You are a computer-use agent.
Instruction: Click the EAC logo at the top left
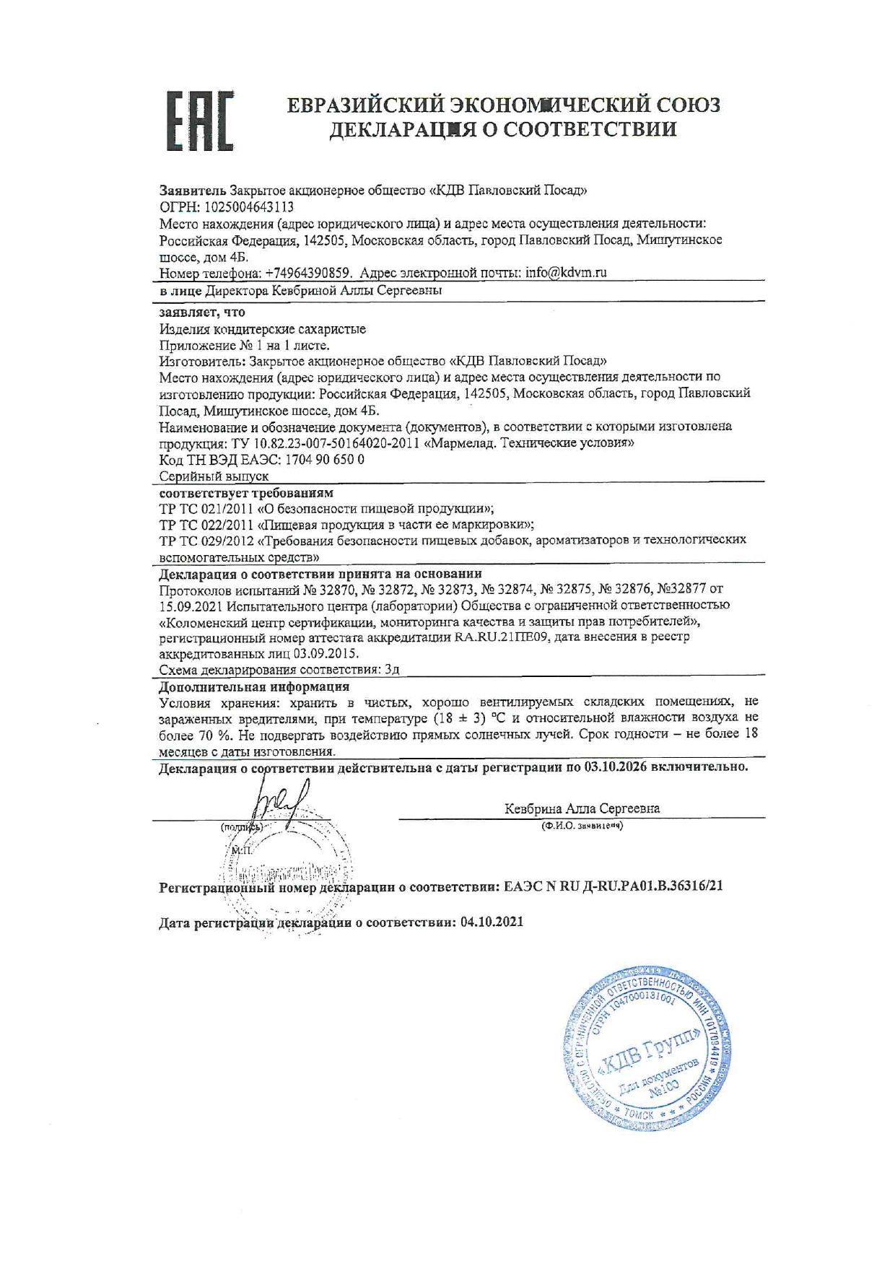[201, 121]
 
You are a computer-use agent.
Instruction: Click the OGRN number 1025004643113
[245, 207]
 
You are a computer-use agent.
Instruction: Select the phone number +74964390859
[308, 273]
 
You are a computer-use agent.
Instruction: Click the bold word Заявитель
[192, 191]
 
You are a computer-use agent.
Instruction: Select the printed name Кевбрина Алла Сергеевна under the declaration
[582, 808]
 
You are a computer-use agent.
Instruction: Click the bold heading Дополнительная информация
[254, 686]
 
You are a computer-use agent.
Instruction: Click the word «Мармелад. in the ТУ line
[460, 443]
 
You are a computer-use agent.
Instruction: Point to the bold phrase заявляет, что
[202, 313]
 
